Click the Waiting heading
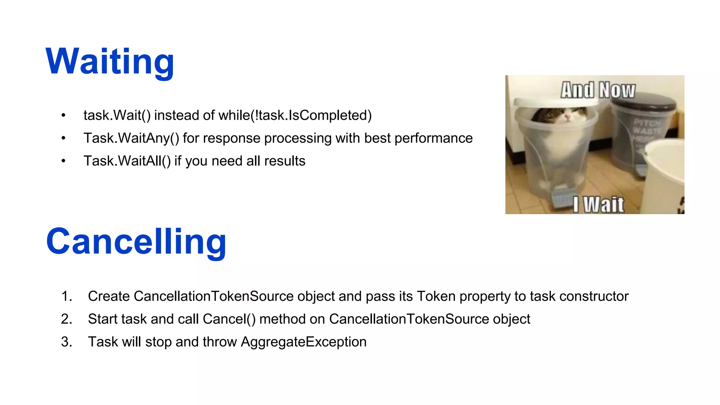click(110, 62)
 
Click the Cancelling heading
click(136, 242)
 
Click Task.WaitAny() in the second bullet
click(131, 138)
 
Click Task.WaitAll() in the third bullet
click(127, 161)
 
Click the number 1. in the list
click(66, 296)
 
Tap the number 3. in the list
click(66, 342)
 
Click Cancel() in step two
click(229, 319)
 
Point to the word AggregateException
click(303, 342)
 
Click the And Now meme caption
click(598, 90)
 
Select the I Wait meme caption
click(598, 205)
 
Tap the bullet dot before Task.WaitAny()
click(63, 138)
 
